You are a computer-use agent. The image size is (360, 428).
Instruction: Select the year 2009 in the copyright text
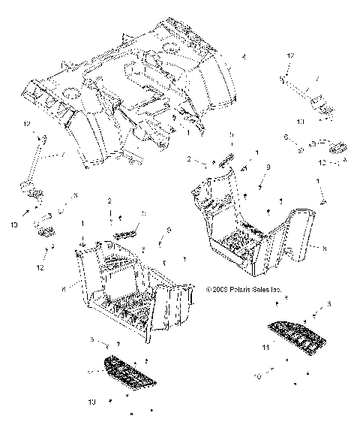coord(218,288)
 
